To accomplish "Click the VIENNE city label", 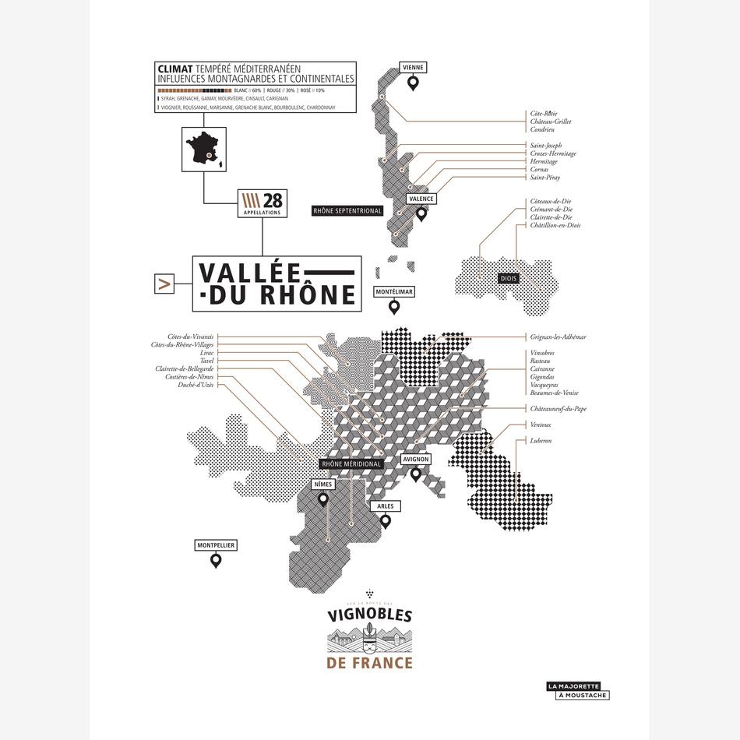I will click(413, 68).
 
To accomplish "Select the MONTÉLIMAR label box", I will click(394, 292).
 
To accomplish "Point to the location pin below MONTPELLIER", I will click(216, 559).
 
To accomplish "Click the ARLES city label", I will click(385, 506).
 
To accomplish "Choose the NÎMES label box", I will click(322, 485).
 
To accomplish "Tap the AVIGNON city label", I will click(415, 460).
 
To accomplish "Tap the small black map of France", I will click(204, 150).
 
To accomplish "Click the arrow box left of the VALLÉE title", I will click(164, 285).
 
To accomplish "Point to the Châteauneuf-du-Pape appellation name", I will click(558, 408).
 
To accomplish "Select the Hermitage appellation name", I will click(544, 161).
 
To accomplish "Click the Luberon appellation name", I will click(541, 441).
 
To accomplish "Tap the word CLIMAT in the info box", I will click(175, 69).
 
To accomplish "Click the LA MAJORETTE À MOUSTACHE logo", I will click(578, 690).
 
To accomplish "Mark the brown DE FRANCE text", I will click(370, 664).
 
